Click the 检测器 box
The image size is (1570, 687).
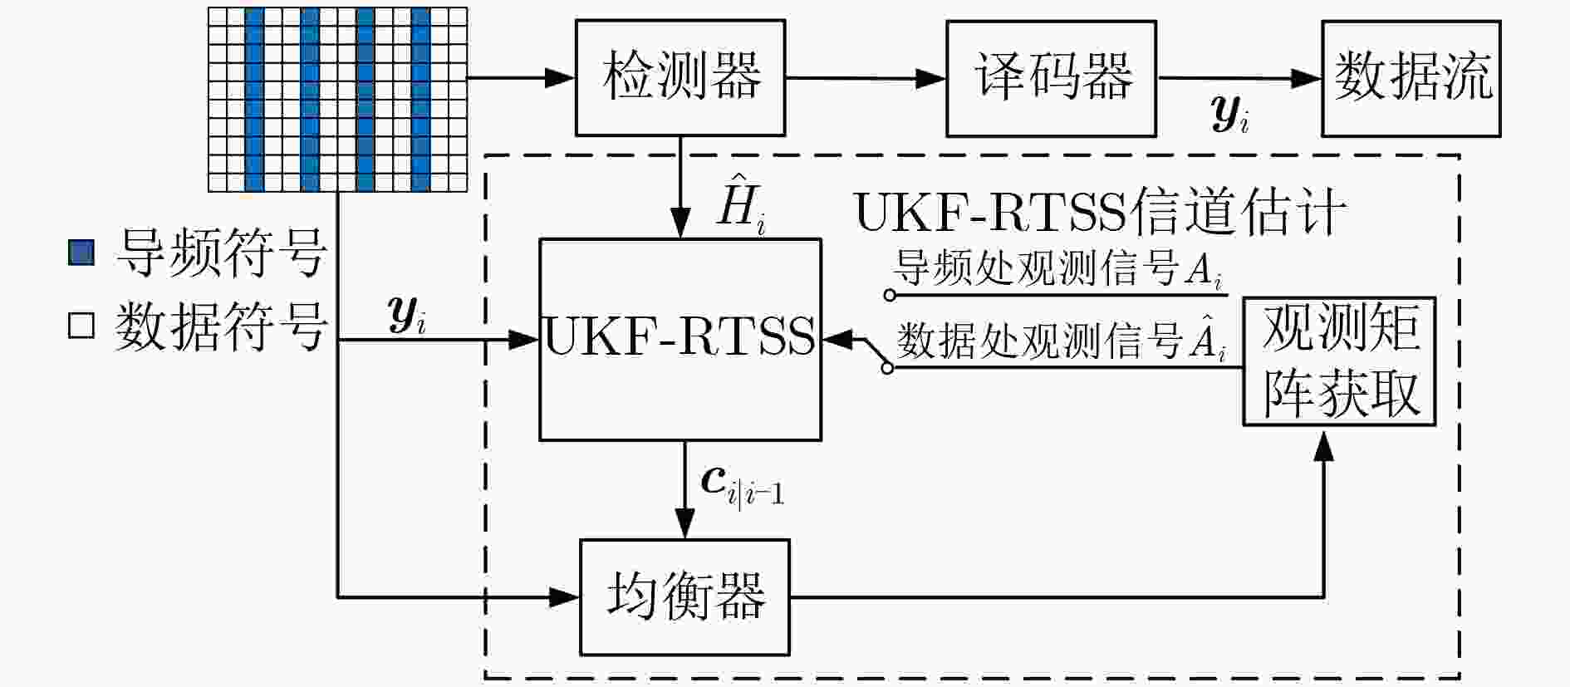pos(680,78)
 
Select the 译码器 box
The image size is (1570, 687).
pos(1051,78)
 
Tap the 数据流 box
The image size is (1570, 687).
pos(1411,78)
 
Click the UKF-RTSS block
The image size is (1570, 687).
pos(680,339)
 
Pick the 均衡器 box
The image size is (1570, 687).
pos(684,597)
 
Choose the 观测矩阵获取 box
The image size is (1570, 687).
pos(1339,361)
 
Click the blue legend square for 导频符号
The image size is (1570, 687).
pos(81,253)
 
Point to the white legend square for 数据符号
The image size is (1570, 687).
pos(81,325)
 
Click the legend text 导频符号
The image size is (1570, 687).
pos(222,253)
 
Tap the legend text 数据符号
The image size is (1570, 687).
pos(222,326)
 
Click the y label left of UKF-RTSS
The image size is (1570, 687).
pos(407,316)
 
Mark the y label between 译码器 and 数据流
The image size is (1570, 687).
pos(1230,113)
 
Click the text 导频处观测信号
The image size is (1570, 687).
pos(1038,267)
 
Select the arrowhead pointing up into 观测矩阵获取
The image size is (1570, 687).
pos(1324,445)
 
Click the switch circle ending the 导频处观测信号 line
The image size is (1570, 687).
pos(890,295)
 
